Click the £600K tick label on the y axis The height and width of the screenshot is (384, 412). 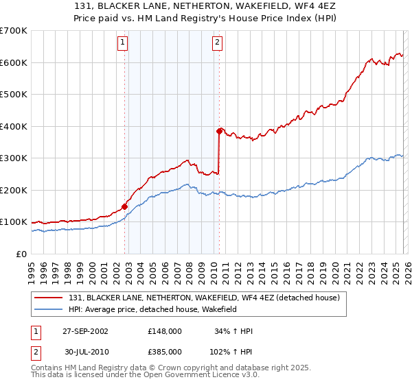(14, 62)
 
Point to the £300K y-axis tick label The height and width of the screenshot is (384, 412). (14, 158)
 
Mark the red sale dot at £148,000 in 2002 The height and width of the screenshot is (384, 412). (125, 206)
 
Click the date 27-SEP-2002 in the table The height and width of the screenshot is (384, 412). (85, 331)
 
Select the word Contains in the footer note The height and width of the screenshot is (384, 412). (47, 368)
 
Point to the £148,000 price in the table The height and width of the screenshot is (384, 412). (164, 331)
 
